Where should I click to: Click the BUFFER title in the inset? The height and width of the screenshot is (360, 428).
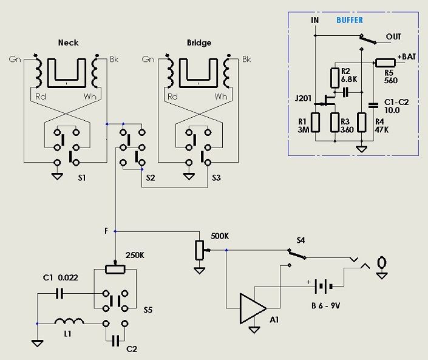point(349,20)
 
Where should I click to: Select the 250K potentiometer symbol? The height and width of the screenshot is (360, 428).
point(115,270)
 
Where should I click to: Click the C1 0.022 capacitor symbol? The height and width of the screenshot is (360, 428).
point(59,294)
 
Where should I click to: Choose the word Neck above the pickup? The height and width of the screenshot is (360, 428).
point(68,43)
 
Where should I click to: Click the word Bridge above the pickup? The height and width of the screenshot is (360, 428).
point(200,43)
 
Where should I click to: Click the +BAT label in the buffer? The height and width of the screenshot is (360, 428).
point(407,56)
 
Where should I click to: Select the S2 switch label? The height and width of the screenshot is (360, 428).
point(151,178)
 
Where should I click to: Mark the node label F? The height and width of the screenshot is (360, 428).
point(106,231)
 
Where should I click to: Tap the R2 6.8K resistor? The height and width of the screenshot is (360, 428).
point(334,78)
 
